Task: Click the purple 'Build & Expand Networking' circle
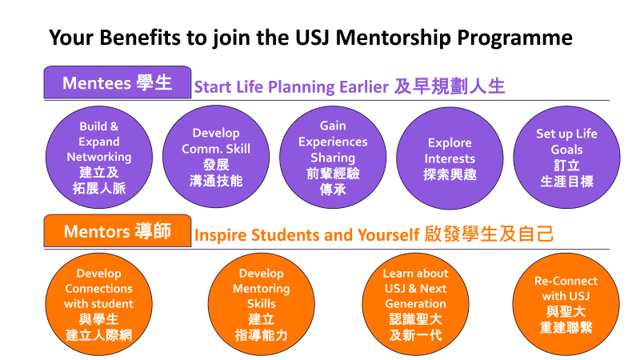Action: [x=99, y=157]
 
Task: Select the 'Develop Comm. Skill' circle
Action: [x=216, y=157]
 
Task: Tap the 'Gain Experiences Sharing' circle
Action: [x=333, y=157]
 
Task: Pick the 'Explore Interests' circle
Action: [x=450, y=158]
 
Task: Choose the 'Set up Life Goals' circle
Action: [x=566, y=157]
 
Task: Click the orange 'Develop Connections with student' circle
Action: [x=98, y=304]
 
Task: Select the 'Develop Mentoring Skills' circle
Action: [x=262, y=304]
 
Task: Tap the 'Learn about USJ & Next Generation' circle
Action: [x=415, y=304]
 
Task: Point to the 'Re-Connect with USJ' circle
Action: [x=566, y=304]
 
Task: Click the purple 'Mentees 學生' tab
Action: [x=118, y=82]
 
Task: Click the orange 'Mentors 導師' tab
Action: [x=118, y=231]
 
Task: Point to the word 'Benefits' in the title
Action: [x=139, y=38]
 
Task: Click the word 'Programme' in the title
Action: [x=514, y=38]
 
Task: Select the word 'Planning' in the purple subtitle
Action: [x=302, y=87]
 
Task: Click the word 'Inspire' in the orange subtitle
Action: [x=221, y=235]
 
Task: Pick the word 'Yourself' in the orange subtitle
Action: [x=388, y=235]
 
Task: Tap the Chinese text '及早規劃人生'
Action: [x=450, y=86]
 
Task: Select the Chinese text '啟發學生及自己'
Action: [x=489, y=234]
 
